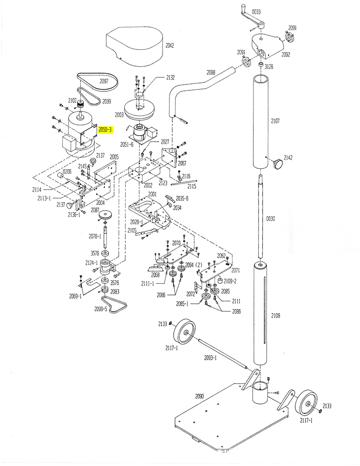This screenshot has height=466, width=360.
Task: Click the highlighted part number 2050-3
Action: (105, 130)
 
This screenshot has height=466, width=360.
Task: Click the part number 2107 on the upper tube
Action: (275, 121)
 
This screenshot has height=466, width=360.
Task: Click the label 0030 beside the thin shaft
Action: (271, 219)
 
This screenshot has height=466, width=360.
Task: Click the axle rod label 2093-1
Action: (211, 358)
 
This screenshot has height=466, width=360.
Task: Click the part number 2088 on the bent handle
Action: (211, 72)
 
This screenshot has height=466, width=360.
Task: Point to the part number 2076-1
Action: (95, 236)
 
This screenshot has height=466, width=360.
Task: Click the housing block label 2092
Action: (285, 55)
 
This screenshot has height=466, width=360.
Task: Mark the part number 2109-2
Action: (230, 281)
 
